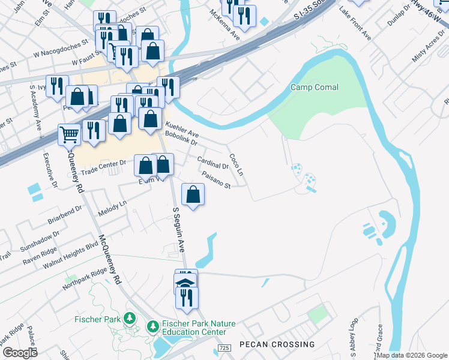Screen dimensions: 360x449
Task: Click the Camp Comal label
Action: pyautogui.click(x=314, y=88)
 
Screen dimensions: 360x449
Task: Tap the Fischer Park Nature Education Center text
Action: pyautogui.click(x=194, y=328)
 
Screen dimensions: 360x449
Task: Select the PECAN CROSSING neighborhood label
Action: pyautogui.click(x=277, y=344)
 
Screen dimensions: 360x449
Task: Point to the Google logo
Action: pyautogui.click(x=20, y=353)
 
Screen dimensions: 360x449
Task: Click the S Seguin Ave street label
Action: pyautogui.click(x=179, y=230)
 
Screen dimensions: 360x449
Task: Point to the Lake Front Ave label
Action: pyautogui.click(x=355, y=24)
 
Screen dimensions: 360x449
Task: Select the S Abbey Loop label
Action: pyautogui.click(x=354, y=332)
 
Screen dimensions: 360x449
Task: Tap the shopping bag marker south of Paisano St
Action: pyautogui.click(x=193, y=195)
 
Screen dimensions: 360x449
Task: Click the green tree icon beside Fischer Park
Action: pyautogui.click(x=128, y=318)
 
